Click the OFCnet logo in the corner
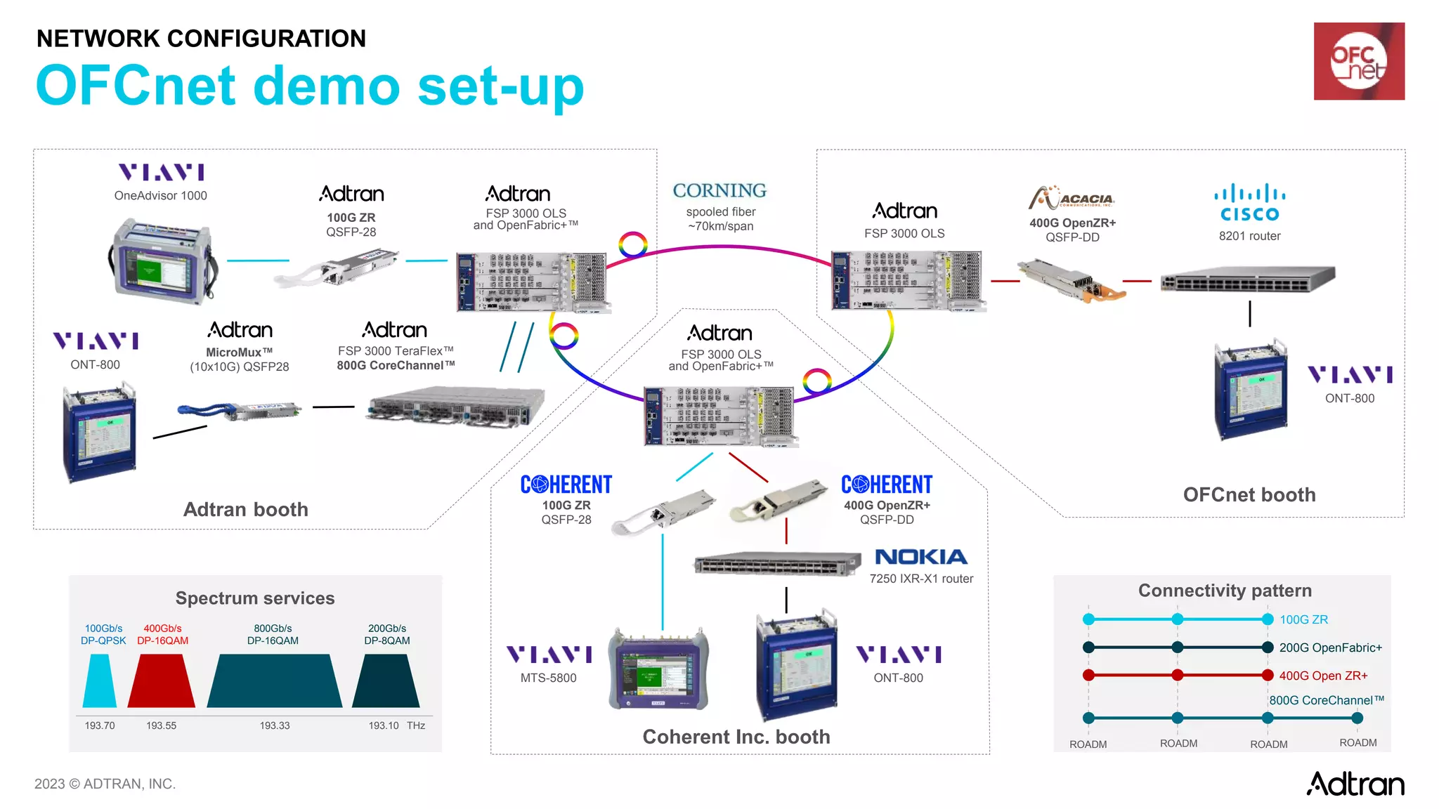1358,61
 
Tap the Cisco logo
1249,203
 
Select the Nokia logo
921,557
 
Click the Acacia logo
1072,198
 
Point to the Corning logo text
719,191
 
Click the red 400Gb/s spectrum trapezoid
162,681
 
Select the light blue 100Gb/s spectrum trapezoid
100,681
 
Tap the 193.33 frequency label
274,725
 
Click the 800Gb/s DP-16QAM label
273,634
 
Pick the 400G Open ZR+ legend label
1323,676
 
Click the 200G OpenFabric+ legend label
1330,647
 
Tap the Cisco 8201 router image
1247,279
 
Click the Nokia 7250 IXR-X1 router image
777,563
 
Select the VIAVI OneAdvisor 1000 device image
163,261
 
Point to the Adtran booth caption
245,509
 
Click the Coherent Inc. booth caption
736,737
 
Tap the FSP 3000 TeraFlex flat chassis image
455,407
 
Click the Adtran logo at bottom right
1355,784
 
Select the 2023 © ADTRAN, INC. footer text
105,784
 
